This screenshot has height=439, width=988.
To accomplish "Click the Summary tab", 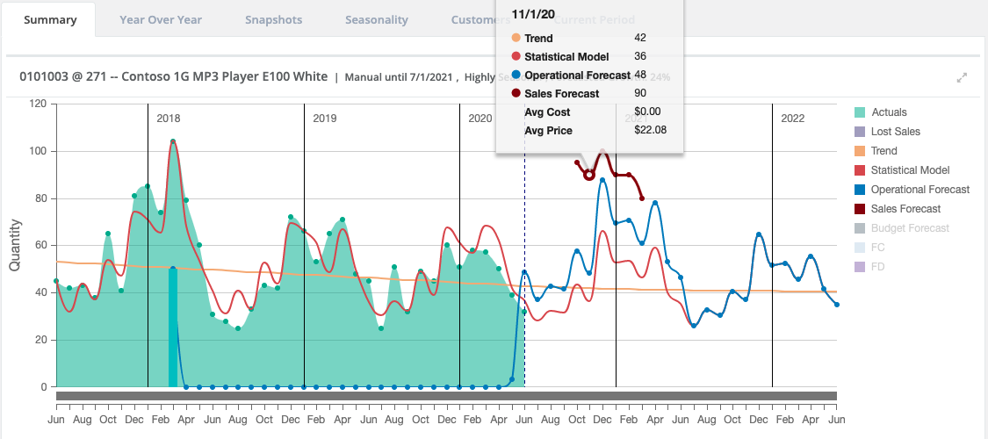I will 49,19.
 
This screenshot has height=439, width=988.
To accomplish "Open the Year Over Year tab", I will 161,19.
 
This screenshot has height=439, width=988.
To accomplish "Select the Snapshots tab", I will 273,19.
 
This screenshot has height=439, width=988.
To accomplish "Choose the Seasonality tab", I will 376,19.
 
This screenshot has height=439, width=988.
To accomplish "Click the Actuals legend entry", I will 889,112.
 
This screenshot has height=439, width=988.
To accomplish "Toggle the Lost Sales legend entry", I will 895,132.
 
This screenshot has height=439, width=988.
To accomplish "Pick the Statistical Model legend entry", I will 910,170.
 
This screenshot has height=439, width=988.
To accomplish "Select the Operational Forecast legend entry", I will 919,190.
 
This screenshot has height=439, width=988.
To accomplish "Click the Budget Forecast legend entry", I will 910,228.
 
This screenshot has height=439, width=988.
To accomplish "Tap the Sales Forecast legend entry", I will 905,209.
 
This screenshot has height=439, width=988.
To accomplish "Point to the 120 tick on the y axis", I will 37,104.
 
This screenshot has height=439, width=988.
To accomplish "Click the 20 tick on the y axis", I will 40,340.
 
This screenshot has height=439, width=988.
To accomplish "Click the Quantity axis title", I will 15,246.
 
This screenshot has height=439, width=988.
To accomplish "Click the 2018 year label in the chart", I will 169,119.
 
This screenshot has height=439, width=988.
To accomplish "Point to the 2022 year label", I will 792,119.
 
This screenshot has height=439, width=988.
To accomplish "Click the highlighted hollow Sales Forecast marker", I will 589,175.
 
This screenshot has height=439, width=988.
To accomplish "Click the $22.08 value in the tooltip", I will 650,131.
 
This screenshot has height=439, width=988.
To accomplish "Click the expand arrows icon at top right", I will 962,77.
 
